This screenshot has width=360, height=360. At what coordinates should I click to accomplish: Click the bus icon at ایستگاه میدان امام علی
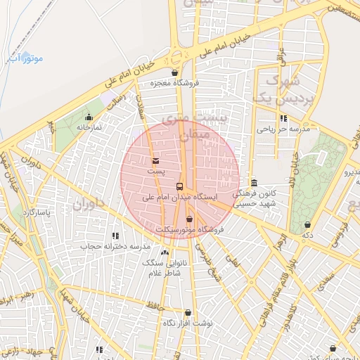point(180,186)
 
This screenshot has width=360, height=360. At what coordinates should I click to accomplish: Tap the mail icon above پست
point(155,160)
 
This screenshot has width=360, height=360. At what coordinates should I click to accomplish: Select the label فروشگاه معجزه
point(175,83)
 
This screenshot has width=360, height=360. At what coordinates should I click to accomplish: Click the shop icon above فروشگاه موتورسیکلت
point(189,219)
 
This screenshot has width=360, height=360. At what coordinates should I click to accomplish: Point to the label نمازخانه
point(89,128)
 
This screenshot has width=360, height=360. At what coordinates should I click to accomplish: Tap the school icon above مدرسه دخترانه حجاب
point(115,236)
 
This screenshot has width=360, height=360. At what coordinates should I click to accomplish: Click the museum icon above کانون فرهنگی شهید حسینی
point(254,182)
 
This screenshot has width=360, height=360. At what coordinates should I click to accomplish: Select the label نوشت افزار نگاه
point(188,323)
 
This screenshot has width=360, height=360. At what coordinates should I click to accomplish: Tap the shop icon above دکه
point(307,224)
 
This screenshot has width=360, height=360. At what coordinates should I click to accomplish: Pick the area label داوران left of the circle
point(88,206)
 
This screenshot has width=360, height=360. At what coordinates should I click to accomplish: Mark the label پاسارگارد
point(37,212)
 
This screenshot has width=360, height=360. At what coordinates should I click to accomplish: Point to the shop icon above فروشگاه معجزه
point(174,72)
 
